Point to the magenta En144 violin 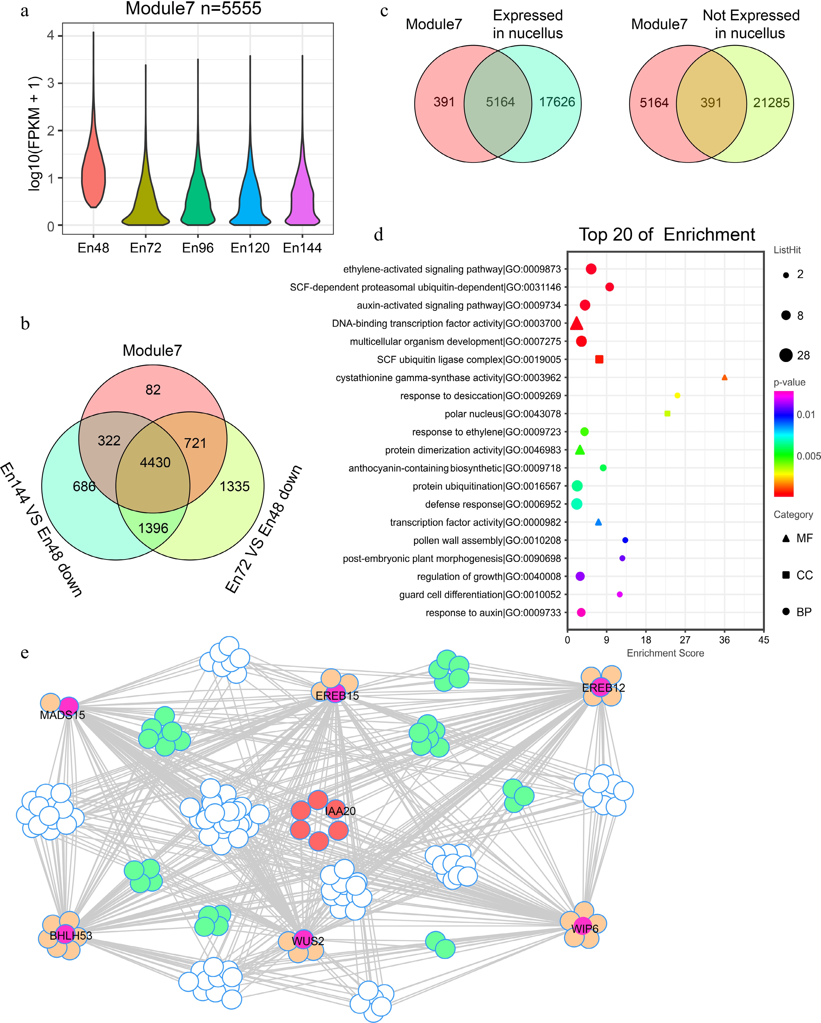click(302, 199)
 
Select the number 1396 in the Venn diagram click(153, 528)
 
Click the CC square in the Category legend click(786, 575)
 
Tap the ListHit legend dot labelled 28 click(786, 355)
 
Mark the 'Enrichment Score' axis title click(665, 653)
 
